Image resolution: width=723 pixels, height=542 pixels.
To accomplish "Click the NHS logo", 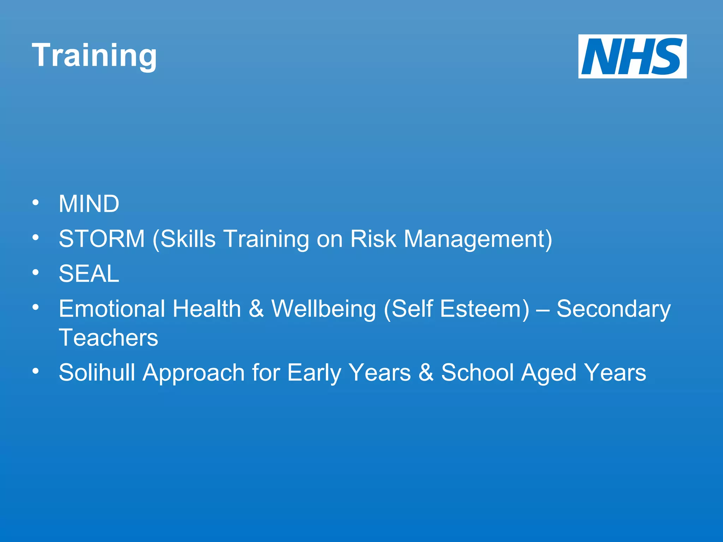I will (632, 56).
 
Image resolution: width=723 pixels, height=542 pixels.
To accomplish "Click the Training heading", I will (94, 55).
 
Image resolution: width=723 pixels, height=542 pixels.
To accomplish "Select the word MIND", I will (89, 204).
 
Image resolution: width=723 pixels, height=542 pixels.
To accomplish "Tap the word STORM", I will (102, 239).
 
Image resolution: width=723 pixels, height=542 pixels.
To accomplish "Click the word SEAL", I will (89, 274).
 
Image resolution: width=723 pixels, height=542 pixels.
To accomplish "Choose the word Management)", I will (478, 239).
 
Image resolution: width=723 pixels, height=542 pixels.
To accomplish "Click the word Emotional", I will (112, 309).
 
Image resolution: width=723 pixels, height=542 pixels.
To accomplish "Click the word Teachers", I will (108, 338).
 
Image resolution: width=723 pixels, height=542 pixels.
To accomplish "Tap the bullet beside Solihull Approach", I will (35, 371).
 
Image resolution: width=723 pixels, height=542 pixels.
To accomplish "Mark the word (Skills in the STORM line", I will (184, 239).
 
